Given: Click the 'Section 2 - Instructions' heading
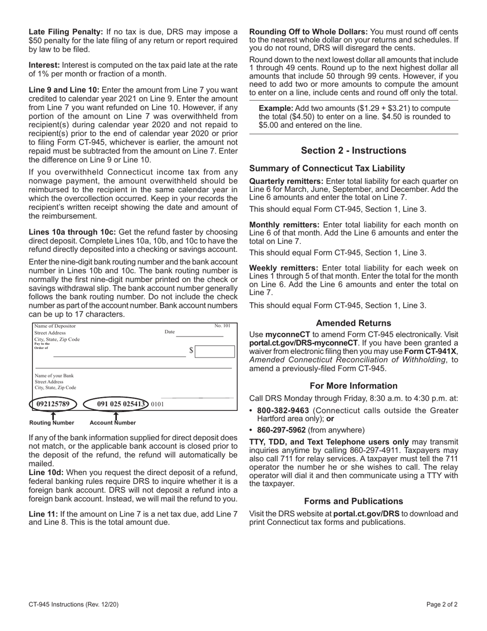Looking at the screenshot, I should pyautogui.click(x=353, y=150).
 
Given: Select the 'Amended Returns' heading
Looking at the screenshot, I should pyautogui.click(x=353, y=323).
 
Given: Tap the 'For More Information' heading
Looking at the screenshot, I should pyautogui.click(x=353, y=386).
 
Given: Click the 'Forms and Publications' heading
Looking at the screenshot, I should pyautogui.click(x=353, y=501).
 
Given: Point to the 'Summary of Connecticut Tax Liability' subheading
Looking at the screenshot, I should pyautogui.click(x=327, y=168).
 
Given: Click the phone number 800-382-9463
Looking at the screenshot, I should pyautogui.click(x=282, y=410).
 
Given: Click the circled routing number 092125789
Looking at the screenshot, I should pyautogui.click(x=53, y=404).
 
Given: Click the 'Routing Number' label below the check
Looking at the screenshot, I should pyautogui.click(x=52, y=423).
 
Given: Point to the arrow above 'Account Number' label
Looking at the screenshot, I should pyautogui.click(x=116, y=416).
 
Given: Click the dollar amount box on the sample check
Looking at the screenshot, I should pyautogui.click(x=215, y=351).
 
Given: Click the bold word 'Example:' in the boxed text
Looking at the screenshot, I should pyautogui.click(x=276, y=108).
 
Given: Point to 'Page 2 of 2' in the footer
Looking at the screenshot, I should pyautogui.click(x=442, y=604).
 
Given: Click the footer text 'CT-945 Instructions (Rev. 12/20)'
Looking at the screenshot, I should pyautogui.click(x=74, y=604).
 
